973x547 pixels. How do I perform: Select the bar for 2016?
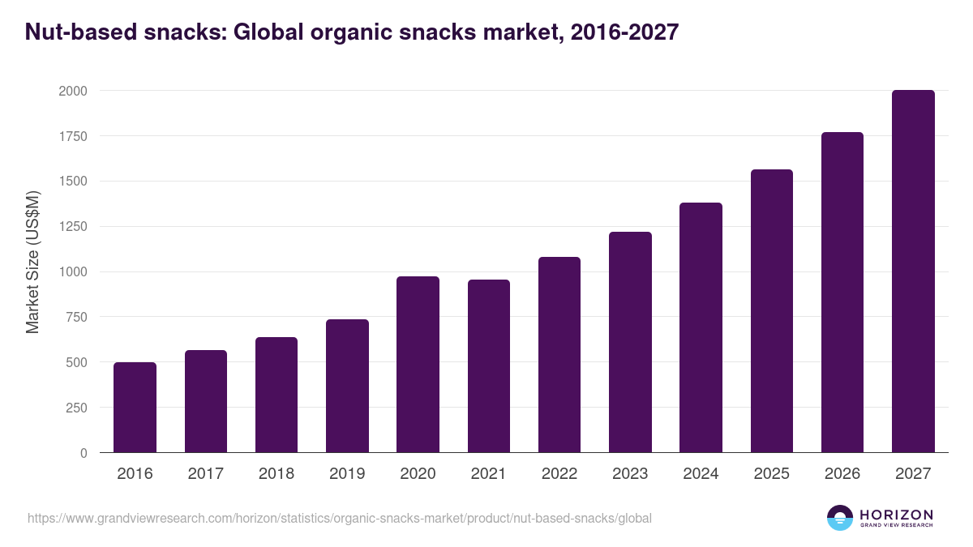135,407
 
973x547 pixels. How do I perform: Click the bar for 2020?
418,364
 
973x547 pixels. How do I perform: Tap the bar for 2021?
488,365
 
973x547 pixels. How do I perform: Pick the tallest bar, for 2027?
913,271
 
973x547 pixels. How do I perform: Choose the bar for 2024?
701,327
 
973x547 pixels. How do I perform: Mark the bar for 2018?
276,395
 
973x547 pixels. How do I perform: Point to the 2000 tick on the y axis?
72,91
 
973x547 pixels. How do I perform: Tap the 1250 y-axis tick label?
72,227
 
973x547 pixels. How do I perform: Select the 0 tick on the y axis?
84,453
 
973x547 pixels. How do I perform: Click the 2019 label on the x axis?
347,474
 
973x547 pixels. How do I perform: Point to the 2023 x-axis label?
630,474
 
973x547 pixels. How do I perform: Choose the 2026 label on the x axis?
842,474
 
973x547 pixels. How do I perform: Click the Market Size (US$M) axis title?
32,263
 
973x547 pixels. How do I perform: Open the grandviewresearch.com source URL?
339,517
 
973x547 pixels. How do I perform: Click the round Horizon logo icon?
840,518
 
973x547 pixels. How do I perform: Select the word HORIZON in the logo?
897,515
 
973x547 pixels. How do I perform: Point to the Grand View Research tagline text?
897,526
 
